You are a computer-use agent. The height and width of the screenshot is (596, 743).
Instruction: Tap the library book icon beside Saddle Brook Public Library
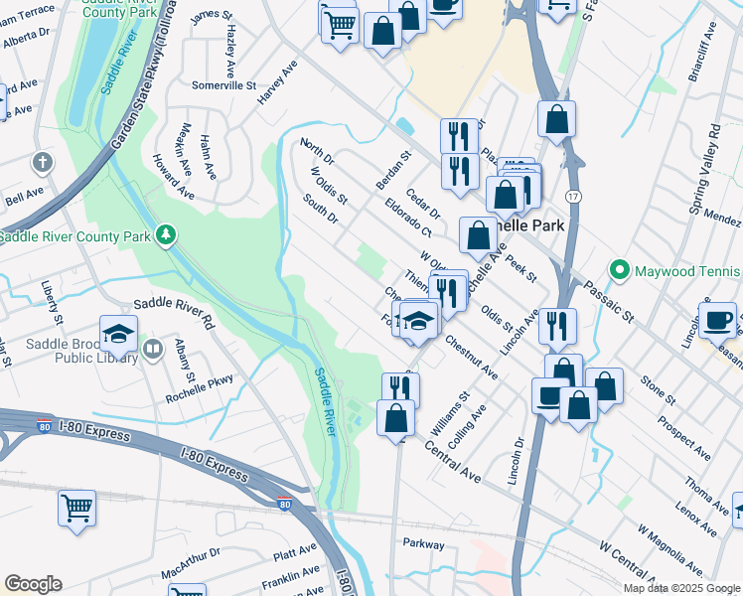(x=153, y=349)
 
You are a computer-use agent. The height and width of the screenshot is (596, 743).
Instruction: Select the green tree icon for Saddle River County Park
(x=167, y=235)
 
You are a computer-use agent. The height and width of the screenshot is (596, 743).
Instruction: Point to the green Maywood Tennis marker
(x=620, y=269)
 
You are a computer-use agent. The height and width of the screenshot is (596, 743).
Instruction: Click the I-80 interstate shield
(x=285, y=506)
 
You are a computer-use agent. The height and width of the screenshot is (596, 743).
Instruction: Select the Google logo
(x=33, y=584)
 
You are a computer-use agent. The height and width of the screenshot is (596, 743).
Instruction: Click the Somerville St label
(x=223, y=85)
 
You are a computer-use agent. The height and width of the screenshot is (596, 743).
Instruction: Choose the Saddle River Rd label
(x=174, y=313)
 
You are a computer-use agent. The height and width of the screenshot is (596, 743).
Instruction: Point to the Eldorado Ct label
(x=408, y=218)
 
